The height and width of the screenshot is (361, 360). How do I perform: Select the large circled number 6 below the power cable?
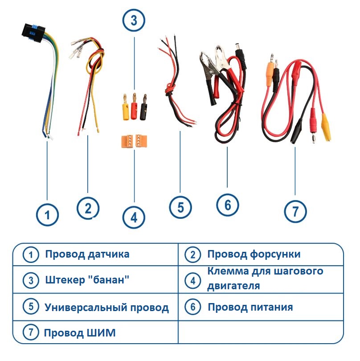pos(228,205)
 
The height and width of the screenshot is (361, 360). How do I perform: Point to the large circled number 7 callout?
pos(296,210)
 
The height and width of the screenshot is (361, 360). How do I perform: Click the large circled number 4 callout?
pos(134,217)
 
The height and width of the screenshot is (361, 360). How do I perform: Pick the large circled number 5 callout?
pos(180,207)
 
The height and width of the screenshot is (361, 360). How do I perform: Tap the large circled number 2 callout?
pos(88,208)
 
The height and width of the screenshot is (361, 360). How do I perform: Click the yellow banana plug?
pos(125,107)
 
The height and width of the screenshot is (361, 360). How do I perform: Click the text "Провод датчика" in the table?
pos(87,254)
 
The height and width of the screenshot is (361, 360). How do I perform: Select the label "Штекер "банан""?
pos(87,281)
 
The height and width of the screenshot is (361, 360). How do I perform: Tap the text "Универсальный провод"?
pos(106,307)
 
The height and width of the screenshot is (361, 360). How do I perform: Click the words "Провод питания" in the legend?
pos(250,307)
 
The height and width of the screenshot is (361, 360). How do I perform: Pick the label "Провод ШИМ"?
pos(80,333)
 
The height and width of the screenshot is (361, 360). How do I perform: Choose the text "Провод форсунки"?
pos(254,254)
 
